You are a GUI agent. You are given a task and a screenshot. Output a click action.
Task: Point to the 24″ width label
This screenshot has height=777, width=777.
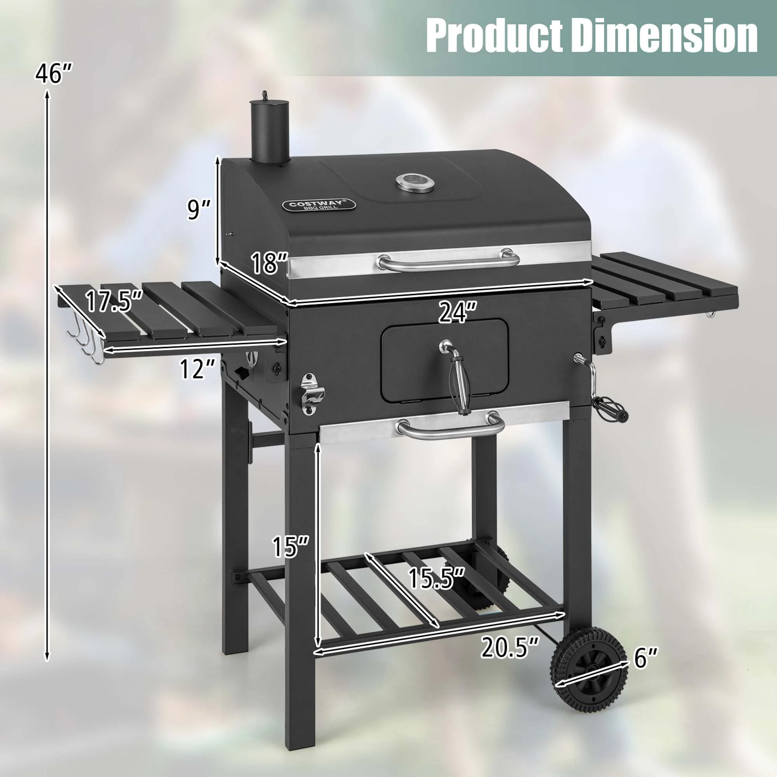tap(457, 312)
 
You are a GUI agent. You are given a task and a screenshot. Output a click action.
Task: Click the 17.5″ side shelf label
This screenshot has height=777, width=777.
tap(114, 301)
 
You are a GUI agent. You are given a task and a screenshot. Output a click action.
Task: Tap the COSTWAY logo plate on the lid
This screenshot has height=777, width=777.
tap(319, 205)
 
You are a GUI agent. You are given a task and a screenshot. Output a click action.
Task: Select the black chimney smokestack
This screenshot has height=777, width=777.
tap(270, 131)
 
